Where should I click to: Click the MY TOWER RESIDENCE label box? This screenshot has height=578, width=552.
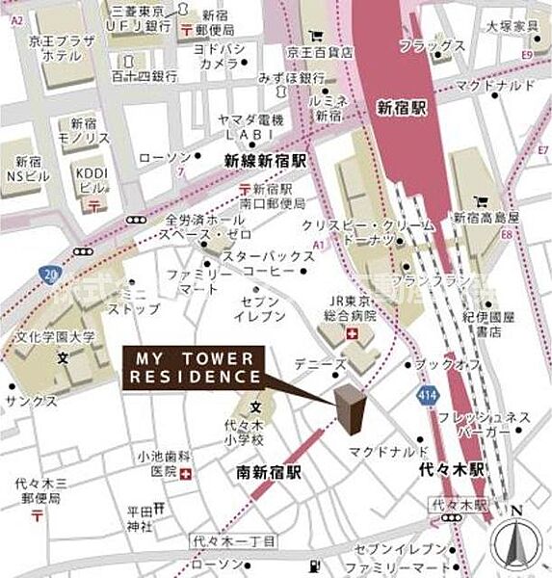click(193, 366)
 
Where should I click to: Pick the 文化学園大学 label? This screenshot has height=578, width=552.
click(55, 338)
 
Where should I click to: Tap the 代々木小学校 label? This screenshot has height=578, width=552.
click(256, 429)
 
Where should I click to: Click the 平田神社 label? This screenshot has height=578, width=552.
click(140, 518)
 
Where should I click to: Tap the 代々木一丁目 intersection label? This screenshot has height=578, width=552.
click(235, 541)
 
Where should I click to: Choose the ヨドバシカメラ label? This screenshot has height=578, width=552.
click(219, 56)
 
